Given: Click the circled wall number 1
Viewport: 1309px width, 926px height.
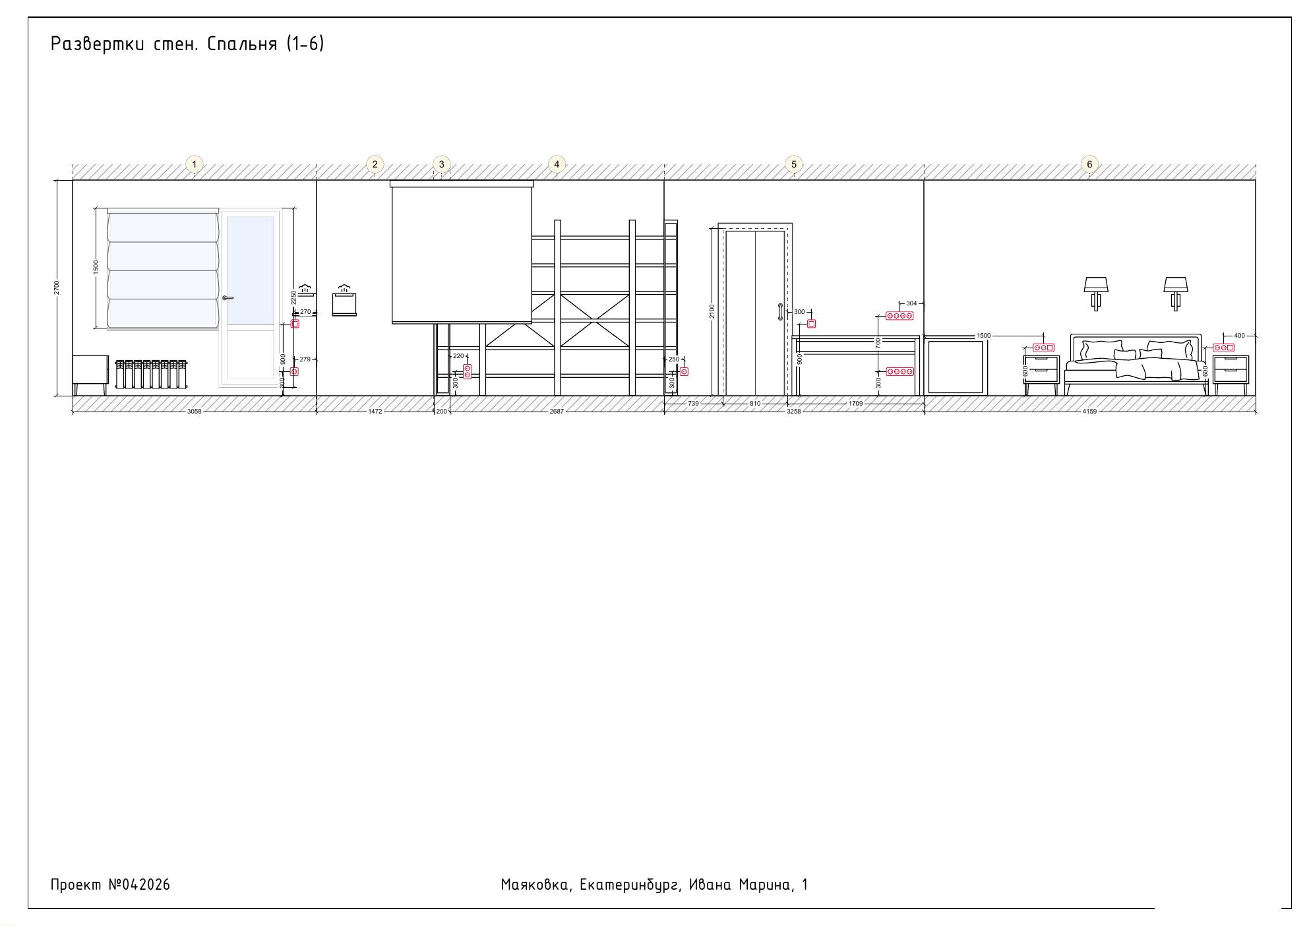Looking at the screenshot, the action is (194, 164).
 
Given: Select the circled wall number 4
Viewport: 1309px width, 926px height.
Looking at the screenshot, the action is (557, 164).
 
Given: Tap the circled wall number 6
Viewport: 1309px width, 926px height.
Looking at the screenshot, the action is (1089, 164).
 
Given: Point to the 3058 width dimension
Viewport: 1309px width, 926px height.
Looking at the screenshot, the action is (194, 412).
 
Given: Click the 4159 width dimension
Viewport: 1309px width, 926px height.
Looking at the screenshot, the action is (1089, 412).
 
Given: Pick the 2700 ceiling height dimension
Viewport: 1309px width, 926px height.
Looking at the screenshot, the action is (57, 288).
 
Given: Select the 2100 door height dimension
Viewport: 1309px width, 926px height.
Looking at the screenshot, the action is (712, 311).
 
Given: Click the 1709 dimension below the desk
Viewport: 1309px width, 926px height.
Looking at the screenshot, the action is (855, 403).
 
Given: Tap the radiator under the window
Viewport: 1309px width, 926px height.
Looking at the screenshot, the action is (151, 374).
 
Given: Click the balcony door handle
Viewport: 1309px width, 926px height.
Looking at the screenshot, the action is (228, 298).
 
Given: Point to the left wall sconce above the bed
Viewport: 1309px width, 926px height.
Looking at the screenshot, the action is (1096, 293).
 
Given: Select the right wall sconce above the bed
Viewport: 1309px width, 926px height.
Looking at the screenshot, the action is (1175, 293).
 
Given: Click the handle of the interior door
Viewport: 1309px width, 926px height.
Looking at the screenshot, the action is (780, 312).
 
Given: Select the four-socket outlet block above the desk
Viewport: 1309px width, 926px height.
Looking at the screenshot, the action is (899, 316).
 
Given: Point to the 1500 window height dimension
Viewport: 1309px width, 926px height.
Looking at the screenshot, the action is (96, 268).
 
